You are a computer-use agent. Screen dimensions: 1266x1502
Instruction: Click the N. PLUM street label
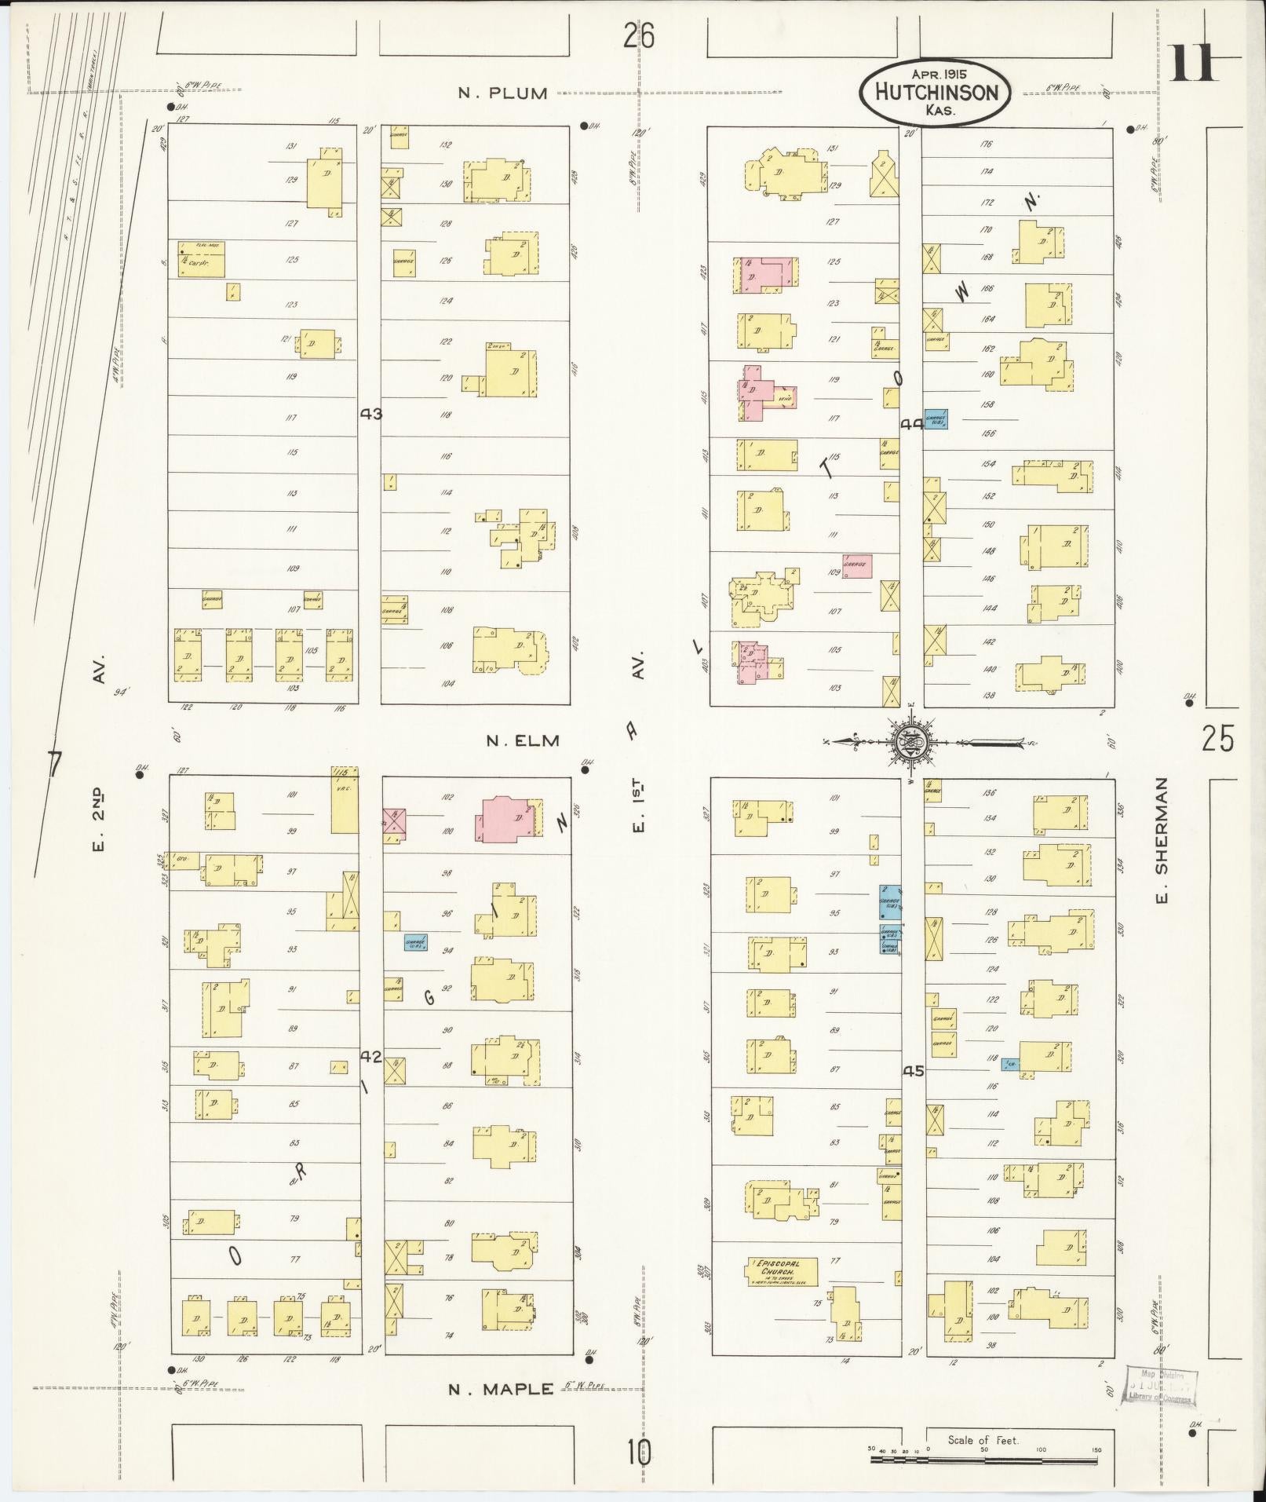pos(503,93)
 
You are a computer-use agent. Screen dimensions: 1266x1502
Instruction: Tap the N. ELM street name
pos(522,740)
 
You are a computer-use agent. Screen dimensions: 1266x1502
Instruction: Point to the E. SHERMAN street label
pos(1162,840)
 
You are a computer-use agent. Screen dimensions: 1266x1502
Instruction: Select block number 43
pos(370,413)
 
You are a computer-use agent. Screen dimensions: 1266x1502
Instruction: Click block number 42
pos(370,1057)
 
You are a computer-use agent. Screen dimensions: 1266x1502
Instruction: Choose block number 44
pos(911,424)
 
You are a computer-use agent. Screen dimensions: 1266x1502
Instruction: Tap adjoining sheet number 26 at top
pos(639,35)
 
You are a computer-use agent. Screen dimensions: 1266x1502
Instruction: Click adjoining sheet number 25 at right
pos(1217,739)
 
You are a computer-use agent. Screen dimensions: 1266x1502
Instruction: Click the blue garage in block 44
pos(936,420)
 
